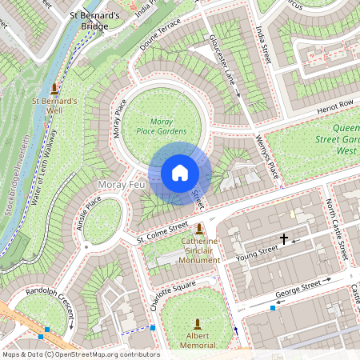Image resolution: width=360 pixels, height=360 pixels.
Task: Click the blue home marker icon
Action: (x=180, y=173)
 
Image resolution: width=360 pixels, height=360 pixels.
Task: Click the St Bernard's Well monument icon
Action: (x=54, y=88)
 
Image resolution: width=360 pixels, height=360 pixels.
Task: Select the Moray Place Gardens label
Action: (x=161, y=126)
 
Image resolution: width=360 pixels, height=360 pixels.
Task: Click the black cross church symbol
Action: (x=283, y=238)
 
